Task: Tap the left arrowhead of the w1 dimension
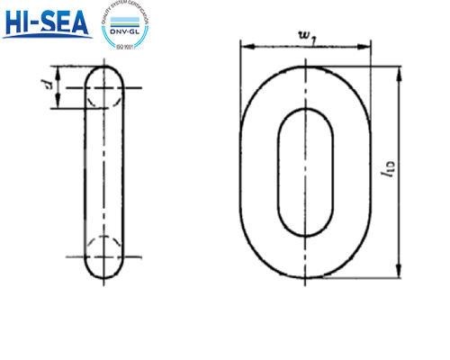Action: point(245,47)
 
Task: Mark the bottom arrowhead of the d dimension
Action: point(58,105)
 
